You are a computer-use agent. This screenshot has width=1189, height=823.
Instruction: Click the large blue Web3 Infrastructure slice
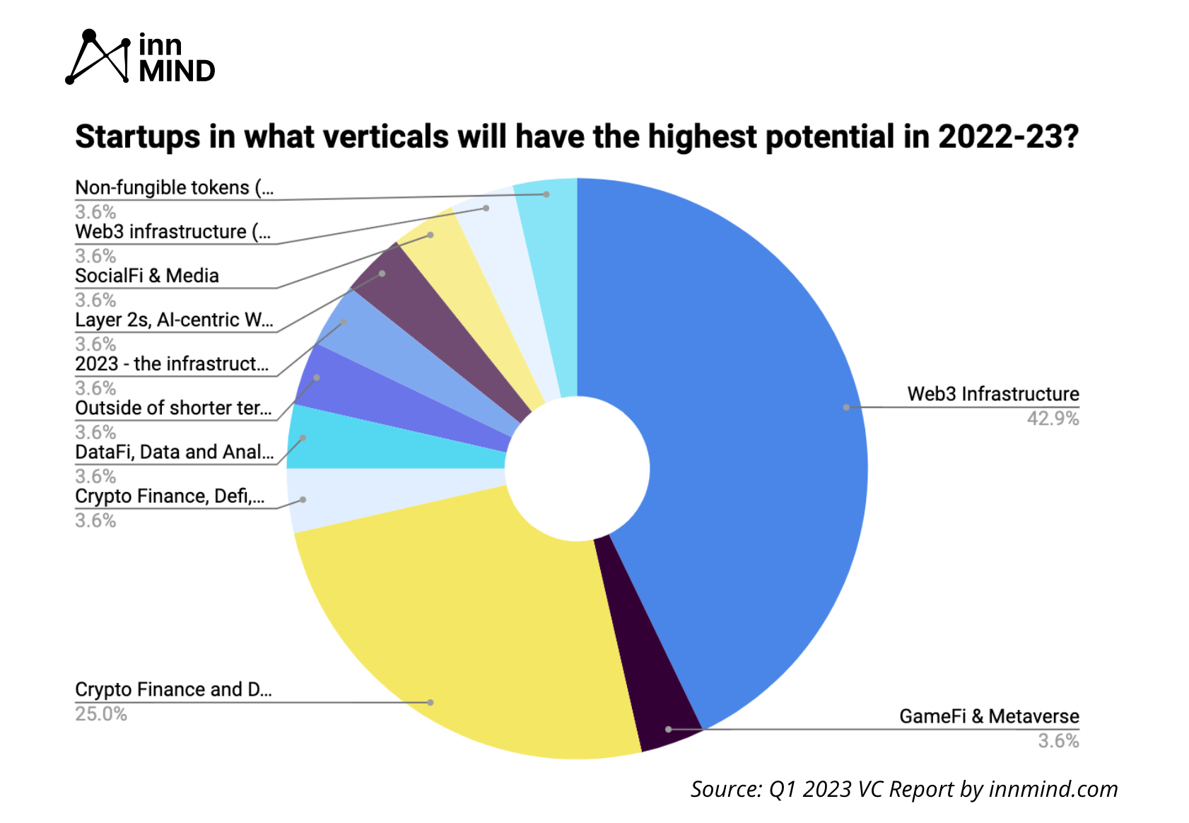(x=742, y=424)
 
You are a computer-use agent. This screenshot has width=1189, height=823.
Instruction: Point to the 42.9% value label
(x=1052, y=419)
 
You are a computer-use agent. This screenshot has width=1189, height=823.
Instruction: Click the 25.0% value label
(x=101, y=714)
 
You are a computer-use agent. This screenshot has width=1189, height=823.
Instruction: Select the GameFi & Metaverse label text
(x=988, y=716)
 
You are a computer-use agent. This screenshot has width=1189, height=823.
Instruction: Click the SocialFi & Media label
(x=147, y=276)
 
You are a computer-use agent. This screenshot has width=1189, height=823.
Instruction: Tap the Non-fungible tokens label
(x=174, y=187)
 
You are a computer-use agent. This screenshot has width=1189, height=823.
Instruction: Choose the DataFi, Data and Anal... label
(x=174, y=452)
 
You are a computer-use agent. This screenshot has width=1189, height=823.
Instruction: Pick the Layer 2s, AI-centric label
(x=174, y=320)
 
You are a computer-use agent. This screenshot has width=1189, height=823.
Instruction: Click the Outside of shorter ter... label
(x=173, y=408)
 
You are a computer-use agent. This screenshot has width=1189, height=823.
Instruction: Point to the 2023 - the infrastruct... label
(x=172, y=363)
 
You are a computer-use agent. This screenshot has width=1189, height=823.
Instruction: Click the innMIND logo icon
(x=98, y=57)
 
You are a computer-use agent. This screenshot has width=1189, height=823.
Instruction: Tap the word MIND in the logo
(x=177, y=71)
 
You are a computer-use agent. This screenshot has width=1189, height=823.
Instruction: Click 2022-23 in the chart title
(x=1008, y=136)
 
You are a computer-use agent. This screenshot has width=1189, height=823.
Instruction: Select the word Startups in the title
(x=137, y=136)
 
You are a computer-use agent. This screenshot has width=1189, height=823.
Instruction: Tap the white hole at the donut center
(x=577, y=468)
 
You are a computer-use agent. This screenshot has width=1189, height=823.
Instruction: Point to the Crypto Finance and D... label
(x=173, y=689)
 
